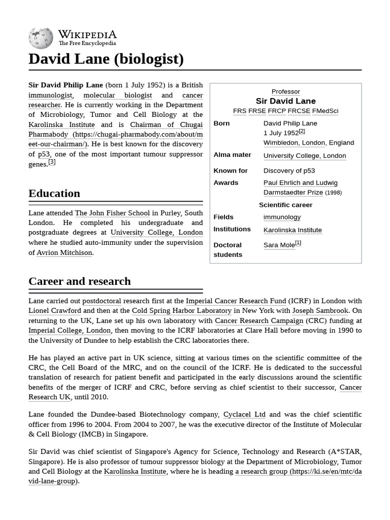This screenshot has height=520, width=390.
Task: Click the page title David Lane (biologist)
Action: coord(106,59)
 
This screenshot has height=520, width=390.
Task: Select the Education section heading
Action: coord(54,193)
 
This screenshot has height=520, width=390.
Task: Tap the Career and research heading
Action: coord(80,281)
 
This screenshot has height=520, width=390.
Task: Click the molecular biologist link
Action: coord(117,95)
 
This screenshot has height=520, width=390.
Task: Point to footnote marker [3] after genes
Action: coord(52,162)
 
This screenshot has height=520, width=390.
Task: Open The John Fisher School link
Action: coord(112,213)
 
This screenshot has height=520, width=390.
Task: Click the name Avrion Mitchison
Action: coord(64,252)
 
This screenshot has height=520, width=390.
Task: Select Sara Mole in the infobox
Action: coord(279,245)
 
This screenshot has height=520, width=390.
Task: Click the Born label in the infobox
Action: coord(221,123)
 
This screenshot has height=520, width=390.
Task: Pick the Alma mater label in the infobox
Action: coord(232,155)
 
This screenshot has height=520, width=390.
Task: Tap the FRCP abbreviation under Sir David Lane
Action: coord(277,111)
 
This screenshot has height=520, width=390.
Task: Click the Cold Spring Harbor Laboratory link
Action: coord(181,311)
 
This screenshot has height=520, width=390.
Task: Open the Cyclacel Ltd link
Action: coord(244,415)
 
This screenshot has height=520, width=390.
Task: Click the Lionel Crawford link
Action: coord(55,311)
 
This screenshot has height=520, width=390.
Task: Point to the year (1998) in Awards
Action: coord(333,193)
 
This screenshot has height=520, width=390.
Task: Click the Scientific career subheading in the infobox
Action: coord(285,205)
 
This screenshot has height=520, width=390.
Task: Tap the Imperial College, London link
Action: coord(70,331)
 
